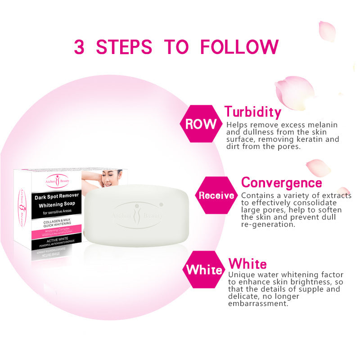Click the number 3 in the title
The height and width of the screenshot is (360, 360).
79,47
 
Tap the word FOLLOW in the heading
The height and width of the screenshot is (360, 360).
239,47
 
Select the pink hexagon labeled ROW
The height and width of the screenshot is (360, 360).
201,124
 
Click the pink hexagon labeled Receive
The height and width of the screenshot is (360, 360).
216,195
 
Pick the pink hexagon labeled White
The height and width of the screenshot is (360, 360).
204,270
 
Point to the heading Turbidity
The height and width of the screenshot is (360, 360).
253,112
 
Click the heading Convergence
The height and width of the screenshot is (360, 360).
282,183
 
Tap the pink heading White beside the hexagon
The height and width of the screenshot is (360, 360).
247,264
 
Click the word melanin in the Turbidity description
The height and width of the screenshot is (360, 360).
323,125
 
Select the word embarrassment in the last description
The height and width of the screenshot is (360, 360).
257,304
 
